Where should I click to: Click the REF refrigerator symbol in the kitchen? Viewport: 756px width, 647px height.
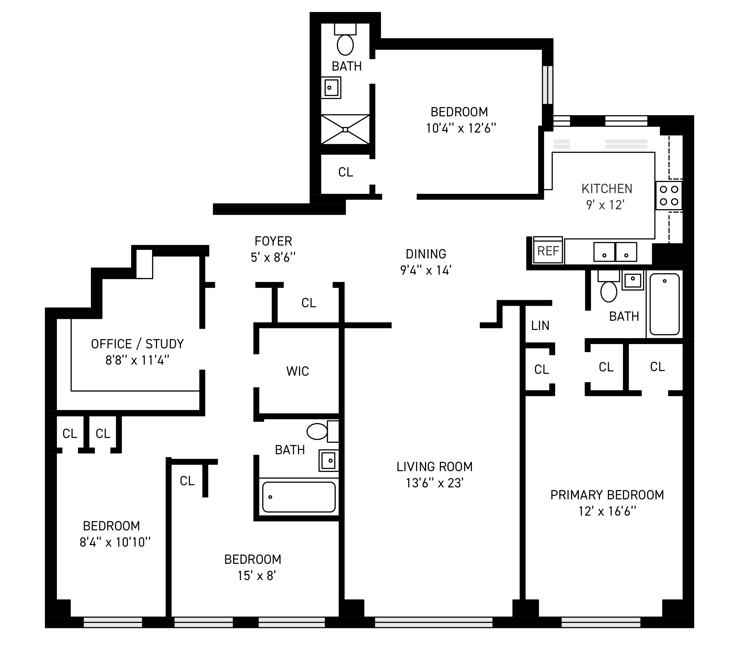(548, 251)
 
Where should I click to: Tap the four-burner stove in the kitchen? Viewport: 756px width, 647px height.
(669, 196)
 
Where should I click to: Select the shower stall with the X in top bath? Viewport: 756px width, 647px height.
(345, 130)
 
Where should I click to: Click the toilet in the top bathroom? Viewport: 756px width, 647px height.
(345, 45)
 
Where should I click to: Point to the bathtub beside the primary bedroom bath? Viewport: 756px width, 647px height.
(664, 304)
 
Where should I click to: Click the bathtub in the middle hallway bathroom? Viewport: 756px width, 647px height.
(299, 497)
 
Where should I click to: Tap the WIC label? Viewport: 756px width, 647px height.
(297, 371)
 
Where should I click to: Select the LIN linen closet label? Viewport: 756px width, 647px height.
(540, 326)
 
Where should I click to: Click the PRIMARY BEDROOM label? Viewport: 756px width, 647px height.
(607, 495)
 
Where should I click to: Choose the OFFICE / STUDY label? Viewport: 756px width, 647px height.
(137, 344)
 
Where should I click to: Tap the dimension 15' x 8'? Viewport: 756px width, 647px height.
(256, 575)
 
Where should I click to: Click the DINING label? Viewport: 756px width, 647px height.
(426, 254)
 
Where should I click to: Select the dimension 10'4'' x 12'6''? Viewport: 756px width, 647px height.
(461, 128)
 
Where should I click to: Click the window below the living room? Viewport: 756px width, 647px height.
(433, 622)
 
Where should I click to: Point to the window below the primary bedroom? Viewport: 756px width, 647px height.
(601, 622)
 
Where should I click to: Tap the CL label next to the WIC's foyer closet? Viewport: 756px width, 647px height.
(309, 303)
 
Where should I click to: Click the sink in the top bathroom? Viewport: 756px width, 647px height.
(331, 87)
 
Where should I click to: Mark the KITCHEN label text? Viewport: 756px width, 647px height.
(607, 189)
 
